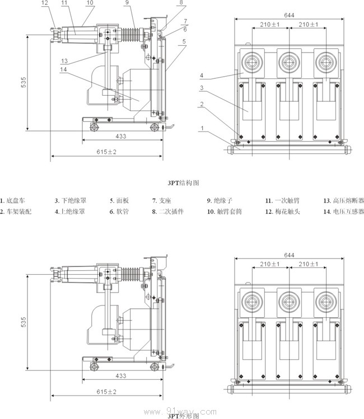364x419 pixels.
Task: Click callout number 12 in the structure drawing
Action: (45, 3)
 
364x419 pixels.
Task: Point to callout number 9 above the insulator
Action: (127, 3)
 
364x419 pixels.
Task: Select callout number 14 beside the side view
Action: (65, 69)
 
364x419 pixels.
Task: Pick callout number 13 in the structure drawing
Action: (65, 60)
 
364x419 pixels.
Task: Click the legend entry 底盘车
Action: (13, 200)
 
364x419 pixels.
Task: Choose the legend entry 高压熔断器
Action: (343, 200)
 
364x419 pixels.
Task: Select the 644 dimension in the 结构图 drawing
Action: (289, 15)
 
